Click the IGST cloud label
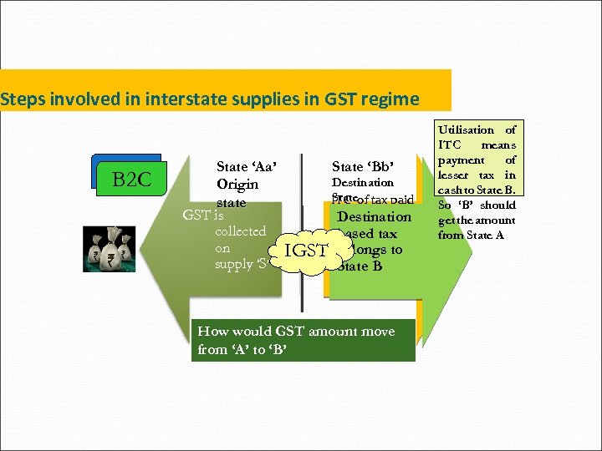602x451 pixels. [x=306, y=250]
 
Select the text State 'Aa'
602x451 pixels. [x=247, y=166]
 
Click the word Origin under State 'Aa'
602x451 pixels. [x=237, y=185]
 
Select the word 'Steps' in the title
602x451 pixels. [x=24, y=99]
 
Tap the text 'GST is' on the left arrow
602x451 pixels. [x=203, y=215]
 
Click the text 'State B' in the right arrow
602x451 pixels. [x=360, y=266]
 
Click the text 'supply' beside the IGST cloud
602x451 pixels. [x=234, y=265]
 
